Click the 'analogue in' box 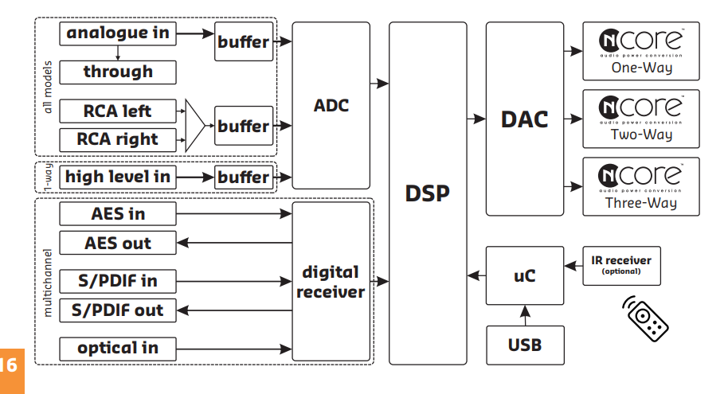point(118,33)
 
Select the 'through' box point(118,72)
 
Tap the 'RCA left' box point(118,111)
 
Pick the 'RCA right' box point(118,139)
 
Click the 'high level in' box point(118,177)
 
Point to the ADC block point(331,105)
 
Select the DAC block point(524,119)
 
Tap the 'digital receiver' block point(331,282)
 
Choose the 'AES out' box point(118,243)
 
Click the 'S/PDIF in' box point(118,281)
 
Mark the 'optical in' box point(118,348)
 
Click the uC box point(524,275)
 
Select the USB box point(524,345)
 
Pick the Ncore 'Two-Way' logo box point(640,119)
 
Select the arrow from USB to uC point(524,315)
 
